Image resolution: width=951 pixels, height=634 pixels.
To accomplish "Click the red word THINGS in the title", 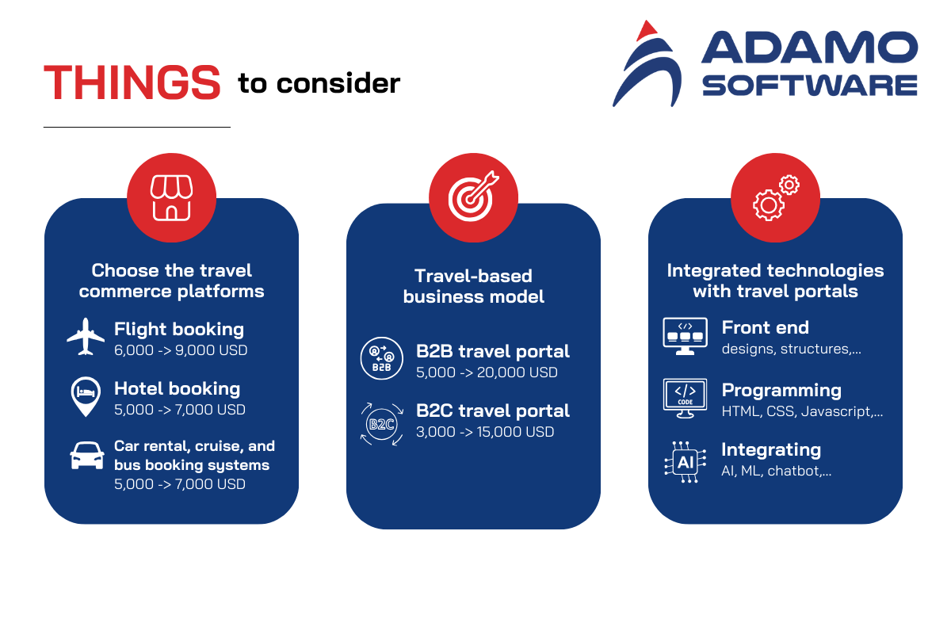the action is click(132, 82).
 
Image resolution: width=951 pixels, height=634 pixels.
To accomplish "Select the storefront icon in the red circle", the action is click(171, 198).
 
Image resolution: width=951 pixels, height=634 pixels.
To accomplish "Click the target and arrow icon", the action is click(473, 197).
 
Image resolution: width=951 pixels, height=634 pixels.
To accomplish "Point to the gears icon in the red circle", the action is click(776, 198).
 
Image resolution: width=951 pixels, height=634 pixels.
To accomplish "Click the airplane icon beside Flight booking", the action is click(86, 336).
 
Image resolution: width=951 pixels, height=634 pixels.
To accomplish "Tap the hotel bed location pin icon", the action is click(86, 396).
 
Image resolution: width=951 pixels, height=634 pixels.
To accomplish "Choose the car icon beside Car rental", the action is click(87, 456).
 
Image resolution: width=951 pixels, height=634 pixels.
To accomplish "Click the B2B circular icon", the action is click(382, 358).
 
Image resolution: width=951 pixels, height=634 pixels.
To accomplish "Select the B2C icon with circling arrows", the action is click(382, 424).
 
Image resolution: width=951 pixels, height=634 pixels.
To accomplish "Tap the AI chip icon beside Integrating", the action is click(686, 462).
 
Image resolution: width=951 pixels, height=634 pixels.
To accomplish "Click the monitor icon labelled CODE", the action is click(686, 399).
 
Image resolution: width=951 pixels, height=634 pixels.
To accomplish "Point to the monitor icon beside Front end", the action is click(686, 336).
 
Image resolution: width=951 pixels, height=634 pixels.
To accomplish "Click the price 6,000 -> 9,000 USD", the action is click(181, 350).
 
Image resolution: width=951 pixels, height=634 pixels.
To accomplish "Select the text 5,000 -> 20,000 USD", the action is click(487, 372).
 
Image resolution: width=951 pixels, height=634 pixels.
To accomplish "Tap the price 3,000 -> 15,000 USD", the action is click(485, 432).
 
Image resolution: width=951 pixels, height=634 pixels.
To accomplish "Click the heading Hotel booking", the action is click(177, 388).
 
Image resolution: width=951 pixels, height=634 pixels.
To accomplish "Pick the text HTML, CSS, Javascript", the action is click(802, 411).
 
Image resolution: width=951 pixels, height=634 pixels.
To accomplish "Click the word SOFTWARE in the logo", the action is click(810, 86).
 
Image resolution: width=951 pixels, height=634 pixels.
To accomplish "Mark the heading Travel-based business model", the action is click(473, 286).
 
